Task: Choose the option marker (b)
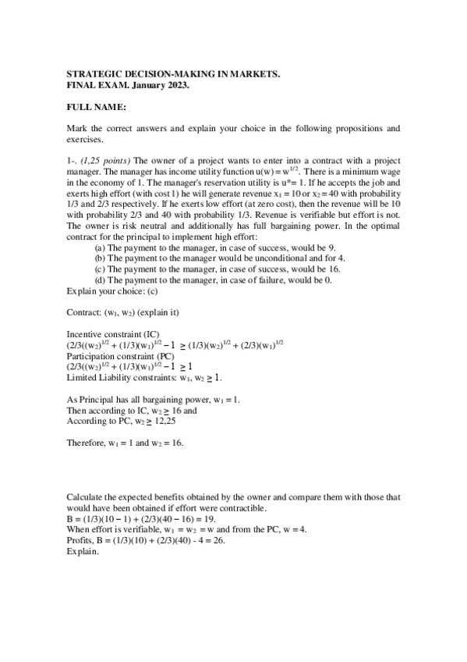tap(100, 257)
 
